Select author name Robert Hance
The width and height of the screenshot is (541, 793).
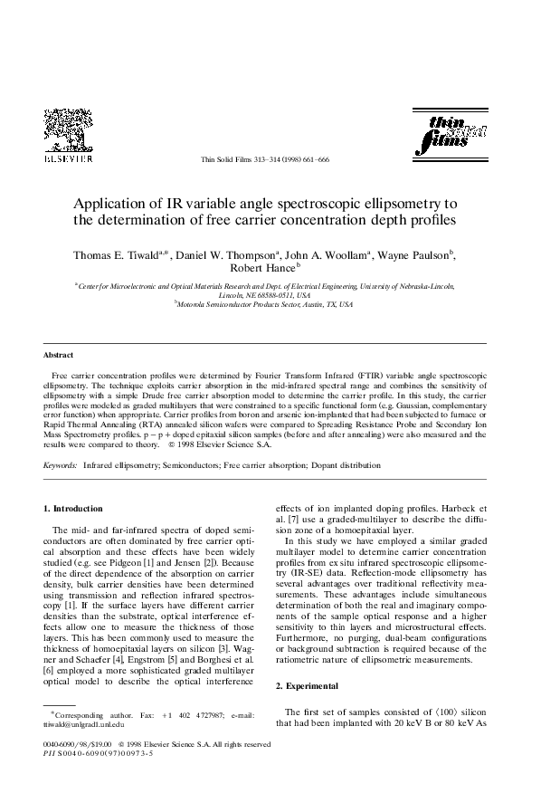(x=261, y=269)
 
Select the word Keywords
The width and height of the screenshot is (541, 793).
(x=61, y=465)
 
